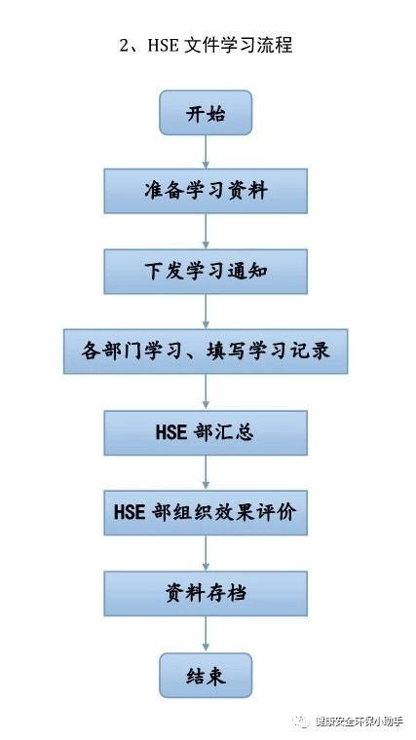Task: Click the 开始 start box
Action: point(206,113)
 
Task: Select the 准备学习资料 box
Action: point(206,191)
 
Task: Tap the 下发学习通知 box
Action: point(206,272)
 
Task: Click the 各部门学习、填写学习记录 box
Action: point(206,351)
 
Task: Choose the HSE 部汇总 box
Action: point(206,432)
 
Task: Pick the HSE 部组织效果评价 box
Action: point(206,512)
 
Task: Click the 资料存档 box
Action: point(206,593)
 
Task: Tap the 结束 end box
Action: point(206,676)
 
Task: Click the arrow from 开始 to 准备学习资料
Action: point(206,152)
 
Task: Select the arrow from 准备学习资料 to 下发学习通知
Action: point(206,232)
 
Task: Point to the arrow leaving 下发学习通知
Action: point(206,312)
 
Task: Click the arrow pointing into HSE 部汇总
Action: point(206,391)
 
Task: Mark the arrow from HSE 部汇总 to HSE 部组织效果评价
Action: point(206,472)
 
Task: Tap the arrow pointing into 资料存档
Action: point(206,553)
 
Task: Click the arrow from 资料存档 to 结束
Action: point(206,634)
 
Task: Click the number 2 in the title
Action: point(124,46)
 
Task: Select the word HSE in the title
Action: point(163,46)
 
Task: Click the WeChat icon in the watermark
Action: point(301,721)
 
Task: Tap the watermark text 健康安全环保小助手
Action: point(359,721)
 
